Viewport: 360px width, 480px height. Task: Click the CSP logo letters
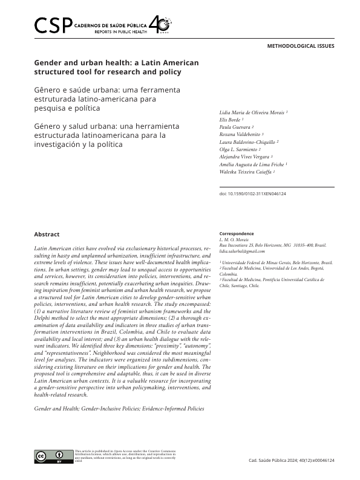pyautogui.click(x=53, y=25)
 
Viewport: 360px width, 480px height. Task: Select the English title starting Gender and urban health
pyautogui.click(x=116, y=67)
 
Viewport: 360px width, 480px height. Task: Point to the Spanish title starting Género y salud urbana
pyautogui.click(x=107, y=135)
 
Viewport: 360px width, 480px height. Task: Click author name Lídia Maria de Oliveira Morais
pyautogui.click(x=252, y=112)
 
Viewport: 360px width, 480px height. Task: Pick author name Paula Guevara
pyautogui.click(x=235, y=127)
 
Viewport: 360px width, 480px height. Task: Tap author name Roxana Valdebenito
pyautogui.click(x=241, y=134)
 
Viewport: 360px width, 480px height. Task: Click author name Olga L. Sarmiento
pyautogui.click(x=240, y=149)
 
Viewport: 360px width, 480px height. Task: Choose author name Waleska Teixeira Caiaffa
pyautogui.click(x=247, y=172)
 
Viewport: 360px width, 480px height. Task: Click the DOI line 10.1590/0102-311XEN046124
pyautogui.click(x=252, y=193)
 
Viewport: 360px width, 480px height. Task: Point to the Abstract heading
pyautogui.click(x=47, y=234)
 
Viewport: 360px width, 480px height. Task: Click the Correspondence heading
pyautogui.click(x=236, y=234)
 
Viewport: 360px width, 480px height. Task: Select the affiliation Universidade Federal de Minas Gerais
pyautogui.click(x=277, y=263)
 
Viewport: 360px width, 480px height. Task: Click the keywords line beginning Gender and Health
pyautogui.click(x=119, y=409)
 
